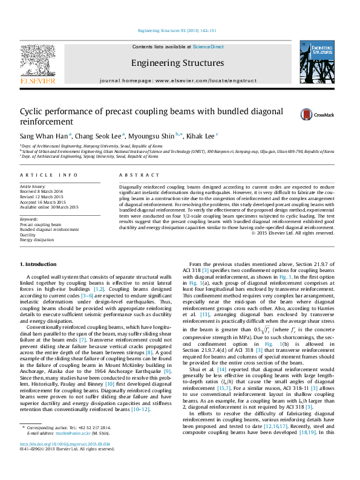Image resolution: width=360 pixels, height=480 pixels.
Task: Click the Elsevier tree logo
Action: click(38, 63)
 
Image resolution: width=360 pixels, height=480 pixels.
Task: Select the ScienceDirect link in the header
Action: click(208, 47)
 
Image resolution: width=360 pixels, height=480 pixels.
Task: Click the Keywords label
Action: click(29, 218)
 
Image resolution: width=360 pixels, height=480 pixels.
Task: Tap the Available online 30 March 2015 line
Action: click(50, 207)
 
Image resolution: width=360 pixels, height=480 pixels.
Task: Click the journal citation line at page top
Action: click(177, 30)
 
